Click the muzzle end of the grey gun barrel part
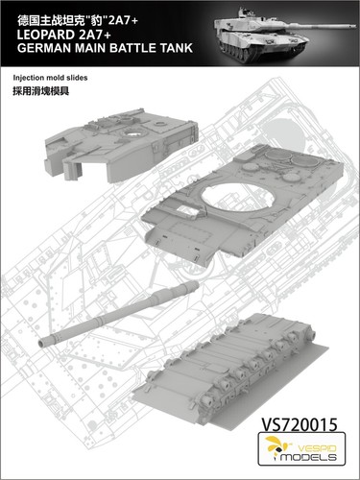tap(44, 338)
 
